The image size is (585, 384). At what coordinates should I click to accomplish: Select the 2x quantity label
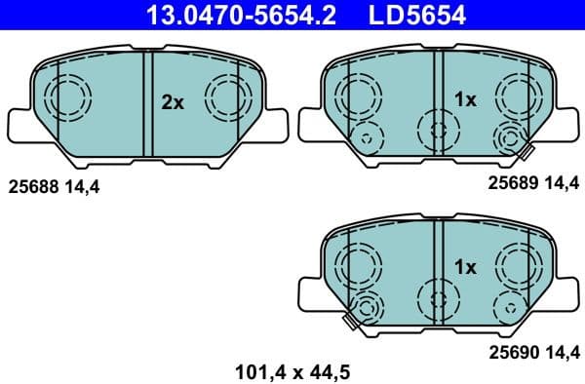pyautogui.click(x=173, y=101)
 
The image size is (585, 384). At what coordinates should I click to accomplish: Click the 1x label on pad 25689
pyautogui.click(x=465, y=99)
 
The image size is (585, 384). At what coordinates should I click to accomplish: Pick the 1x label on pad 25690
pyautogui.click(x=465, y=265)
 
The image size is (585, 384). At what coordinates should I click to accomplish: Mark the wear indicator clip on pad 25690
pyautogui.click(x=348, y=319)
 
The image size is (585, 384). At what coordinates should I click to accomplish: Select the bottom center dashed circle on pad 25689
pyautogui.click(x=436, y=128)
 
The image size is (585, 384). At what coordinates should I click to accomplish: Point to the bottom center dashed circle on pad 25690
pyautogui.click(x=436, y=294)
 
